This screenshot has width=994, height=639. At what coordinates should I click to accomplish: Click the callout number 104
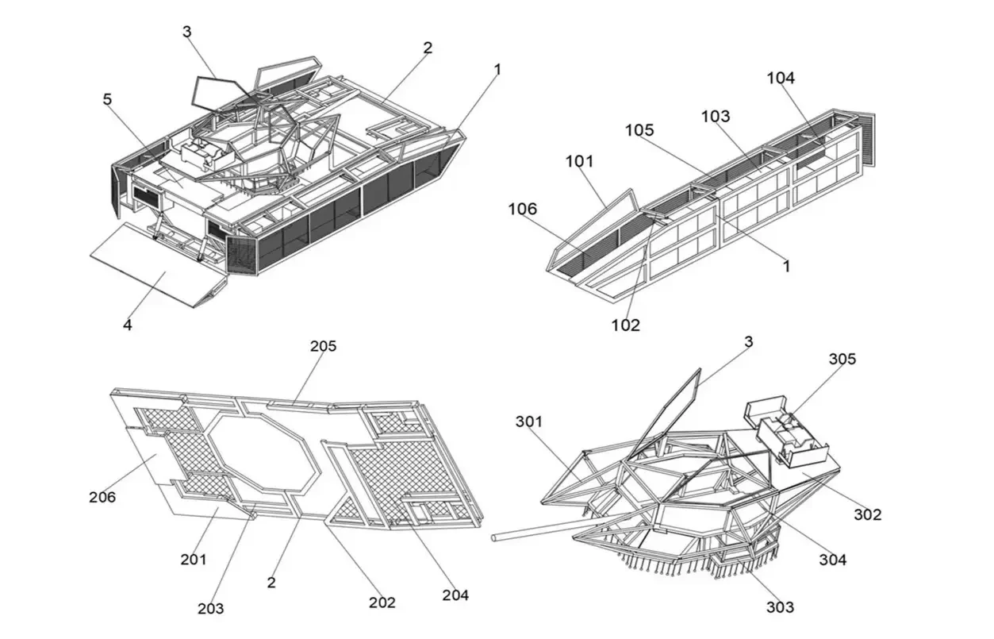[x=780, y=78]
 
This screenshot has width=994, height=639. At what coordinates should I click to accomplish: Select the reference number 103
[x=715, y=116]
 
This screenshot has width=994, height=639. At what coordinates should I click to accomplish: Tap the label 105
[x=639, y=129]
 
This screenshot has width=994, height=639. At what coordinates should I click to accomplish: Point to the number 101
[x=579, y=161]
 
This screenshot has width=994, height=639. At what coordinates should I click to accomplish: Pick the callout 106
[x=523, y=209]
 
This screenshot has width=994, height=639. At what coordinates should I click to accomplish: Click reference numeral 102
[x=625, y=325]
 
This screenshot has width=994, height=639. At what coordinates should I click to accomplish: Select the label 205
[x=323, y=346]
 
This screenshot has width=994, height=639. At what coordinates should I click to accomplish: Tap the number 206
[x=102, y=498]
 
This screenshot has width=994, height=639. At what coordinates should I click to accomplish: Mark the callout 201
[x=193, y=560]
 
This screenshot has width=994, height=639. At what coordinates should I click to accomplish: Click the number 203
[x=210, y=609]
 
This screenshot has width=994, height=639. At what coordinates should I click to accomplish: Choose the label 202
[x=382, y=602]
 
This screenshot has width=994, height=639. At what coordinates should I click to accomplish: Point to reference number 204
[x=455, y=595]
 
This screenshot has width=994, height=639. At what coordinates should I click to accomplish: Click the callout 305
[x=842, y=359]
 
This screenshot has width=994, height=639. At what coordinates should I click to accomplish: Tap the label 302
[x=867, y=514]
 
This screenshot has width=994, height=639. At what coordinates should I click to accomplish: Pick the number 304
[x=833, y=560]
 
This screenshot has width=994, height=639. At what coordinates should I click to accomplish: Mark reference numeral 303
[x=780, y=607]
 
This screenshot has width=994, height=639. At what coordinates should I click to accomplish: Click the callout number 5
[x=107, y=99]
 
